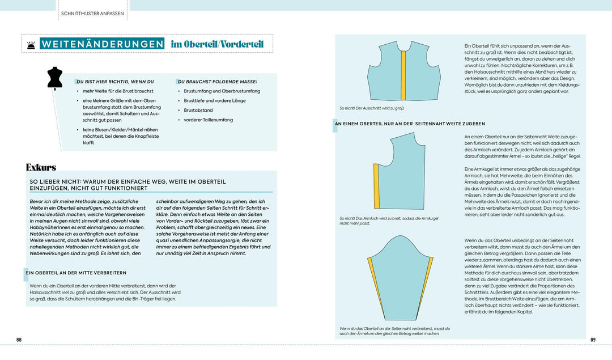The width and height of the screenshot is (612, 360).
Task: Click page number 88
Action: click(19, 340)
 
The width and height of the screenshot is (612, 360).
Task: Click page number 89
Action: click(593, 340)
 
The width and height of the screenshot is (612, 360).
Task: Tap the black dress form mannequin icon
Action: click(54, 78)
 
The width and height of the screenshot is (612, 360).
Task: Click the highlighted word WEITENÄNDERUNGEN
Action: click(102, 44)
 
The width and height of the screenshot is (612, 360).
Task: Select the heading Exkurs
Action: click(41, 167)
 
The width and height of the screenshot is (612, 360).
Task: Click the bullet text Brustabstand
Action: click(197, 110)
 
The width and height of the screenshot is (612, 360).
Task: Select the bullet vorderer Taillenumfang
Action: click(208, 120)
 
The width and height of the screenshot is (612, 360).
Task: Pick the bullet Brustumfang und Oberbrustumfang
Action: click(222, 91)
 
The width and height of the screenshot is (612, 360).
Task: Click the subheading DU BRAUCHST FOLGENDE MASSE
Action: click(218, 81)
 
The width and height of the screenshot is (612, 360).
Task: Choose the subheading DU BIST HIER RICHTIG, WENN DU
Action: click(115, 81)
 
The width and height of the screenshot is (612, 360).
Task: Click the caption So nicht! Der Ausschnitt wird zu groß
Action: click(371, 108)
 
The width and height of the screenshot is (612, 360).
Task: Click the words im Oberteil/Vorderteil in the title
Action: click(217, 44)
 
